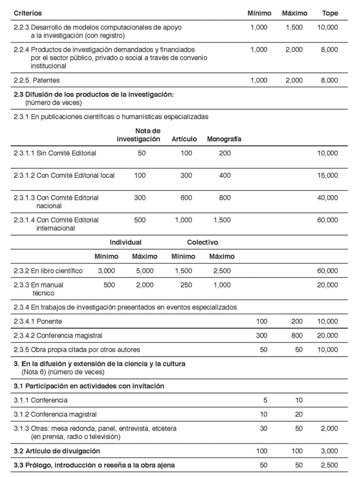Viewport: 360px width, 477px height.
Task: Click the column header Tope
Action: tap(330, 13)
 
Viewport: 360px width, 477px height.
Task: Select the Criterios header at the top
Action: tap(27, 13)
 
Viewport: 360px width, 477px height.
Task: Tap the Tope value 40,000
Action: tap(327, 198)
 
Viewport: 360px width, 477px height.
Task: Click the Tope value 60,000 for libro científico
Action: tap(327, 271)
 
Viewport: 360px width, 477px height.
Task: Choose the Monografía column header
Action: tap(224, 139)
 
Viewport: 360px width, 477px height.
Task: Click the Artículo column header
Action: tap(184, 139)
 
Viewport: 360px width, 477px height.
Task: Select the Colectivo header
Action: tap(202, 242)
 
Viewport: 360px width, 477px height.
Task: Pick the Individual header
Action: tap(125, 242)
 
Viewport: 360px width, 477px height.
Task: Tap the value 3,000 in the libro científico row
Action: tap(106, 271)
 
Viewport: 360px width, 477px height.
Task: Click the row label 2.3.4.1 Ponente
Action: tap(38, 321)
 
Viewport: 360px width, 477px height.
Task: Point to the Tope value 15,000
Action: tap(327, 175)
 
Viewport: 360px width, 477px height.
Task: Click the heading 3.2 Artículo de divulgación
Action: tap(57, 451)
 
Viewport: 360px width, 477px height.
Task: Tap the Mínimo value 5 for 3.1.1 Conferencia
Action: tap(265, 400)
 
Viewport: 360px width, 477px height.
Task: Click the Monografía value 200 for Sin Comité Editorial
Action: tap(225, 153)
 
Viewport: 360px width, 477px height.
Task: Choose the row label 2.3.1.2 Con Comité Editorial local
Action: tap(64, 175)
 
